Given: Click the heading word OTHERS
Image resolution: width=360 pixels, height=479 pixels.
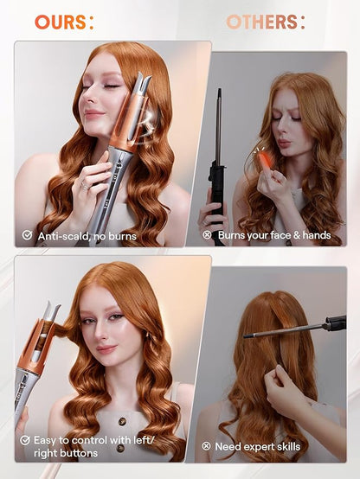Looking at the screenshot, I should tap(262, 22).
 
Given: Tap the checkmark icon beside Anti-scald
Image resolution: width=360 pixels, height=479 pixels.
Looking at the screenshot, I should tap(27, 234).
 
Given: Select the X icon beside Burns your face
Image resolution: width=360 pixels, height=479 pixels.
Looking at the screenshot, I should tap(207, 234).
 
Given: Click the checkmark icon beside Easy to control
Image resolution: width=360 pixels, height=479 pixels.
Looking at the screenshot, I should tap(27, 439).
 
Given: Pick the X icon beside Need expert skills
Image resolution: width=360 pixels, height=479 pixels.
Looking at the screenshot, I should tap(207, 446).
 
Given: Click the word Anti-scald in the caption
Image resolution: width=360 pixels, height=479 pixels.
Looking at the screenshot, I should tap(61, 234).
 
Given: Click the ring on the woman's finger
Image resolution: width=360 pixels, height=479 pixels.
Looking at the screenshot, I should tap(87, 183).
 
